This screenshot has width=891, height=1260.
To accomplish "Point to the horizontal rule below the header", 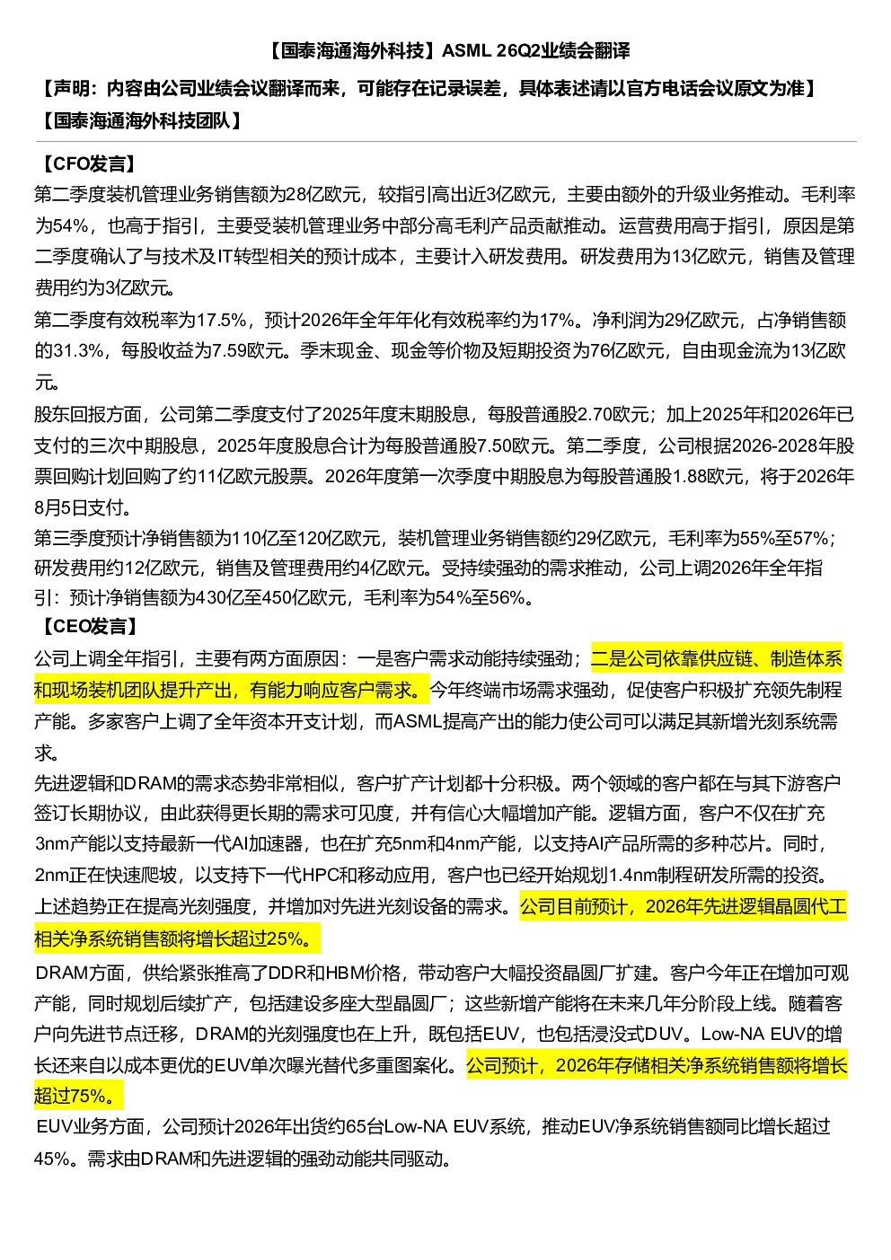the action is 446,141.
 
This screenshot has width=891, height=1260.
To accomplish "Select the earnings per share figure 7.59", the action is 229,351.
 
